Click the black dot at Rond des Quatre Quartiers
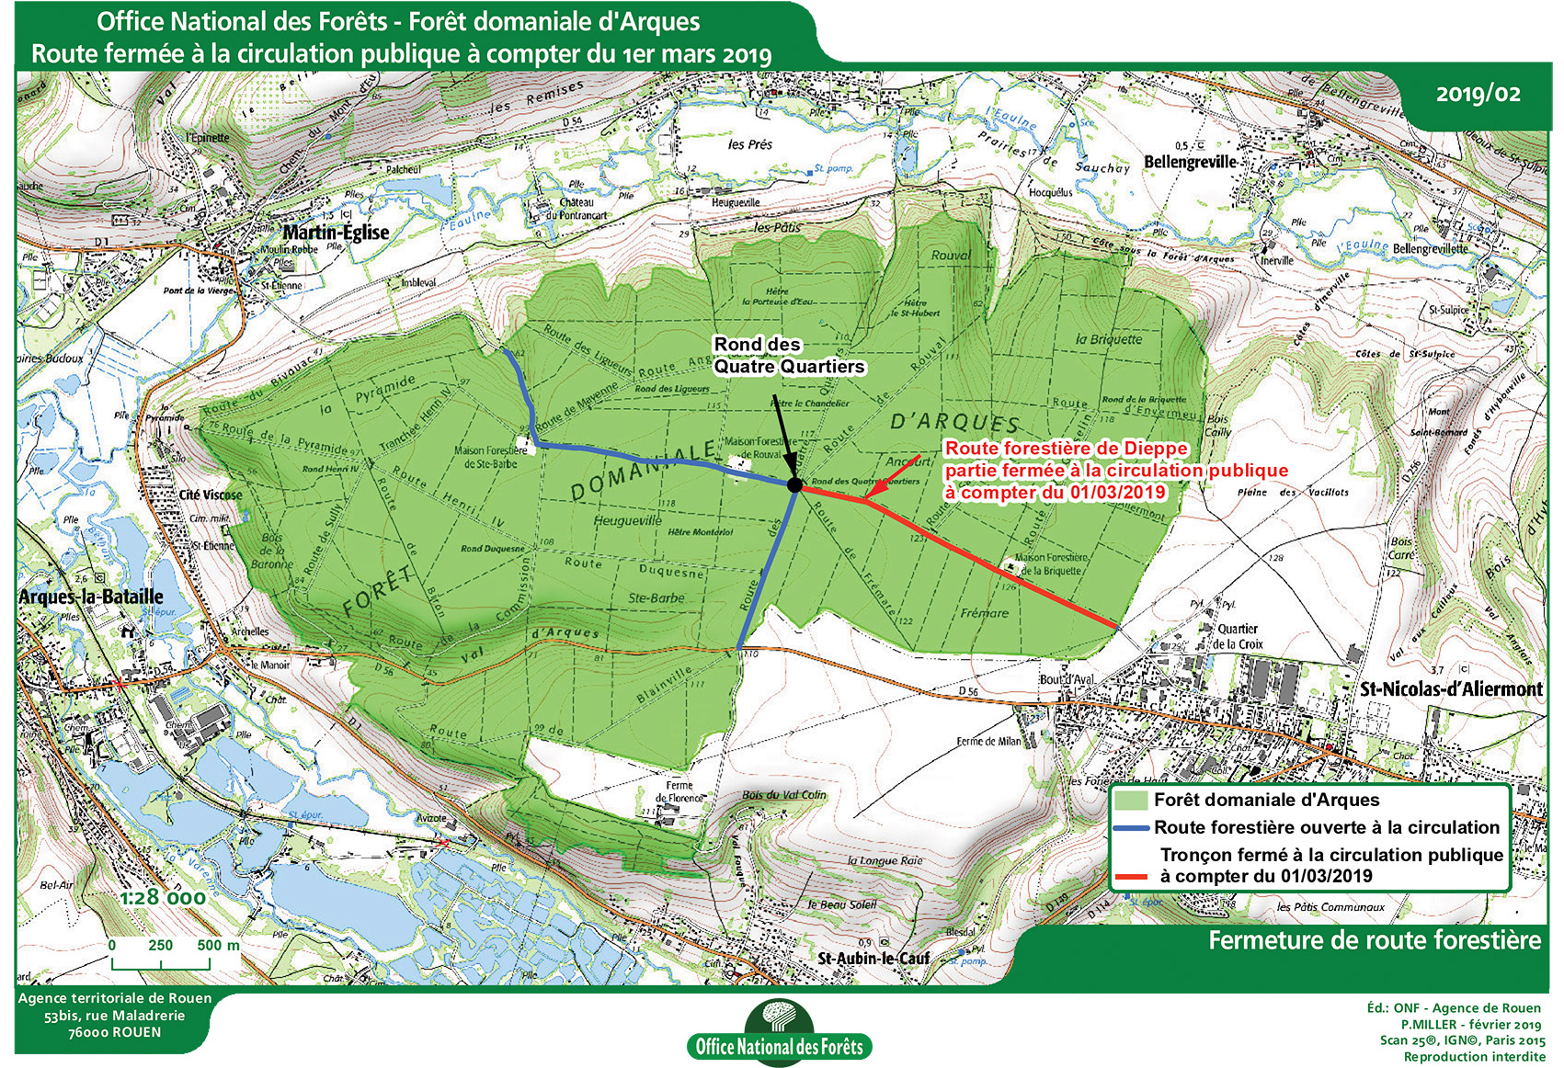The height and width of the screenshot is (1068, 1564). click(x=795, y=484)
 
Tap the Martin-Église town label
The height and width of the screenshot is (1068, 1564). click(x=336, y=233)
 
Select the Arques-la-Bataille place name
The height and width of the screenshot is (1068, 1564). click(x=91, y=596)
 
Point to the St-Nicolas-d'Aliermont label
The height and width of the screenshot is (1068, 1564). click(x=1451, y=688)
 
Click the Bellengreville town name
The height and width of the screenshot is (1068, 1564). click(x=1190, y=162)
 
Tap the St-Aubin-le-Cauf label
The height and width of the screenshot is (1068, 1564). click(x=873, y=958)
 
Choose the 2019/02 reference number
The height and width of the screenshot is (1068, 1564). click(x=1478, y=94)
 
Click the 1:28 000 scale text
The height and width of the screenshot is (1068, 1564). click(x=162, y=897)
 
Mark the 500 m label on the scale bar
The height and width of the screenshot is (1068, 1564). click(x=218, y=945)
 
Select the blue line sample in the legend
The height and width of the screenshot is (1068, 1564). click(x=1131, y=828)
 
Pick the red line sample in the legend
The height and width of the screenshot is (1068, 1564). click(x=1131, y=877)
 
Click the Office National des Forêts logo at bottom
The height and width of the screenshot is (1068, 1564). click(x=779, y=1035)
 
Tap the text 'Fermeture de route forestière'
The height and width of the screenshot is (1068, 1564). click(x=1374, y=940)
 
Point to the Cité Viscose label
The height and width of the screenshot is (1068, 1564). click(x=211, y=494)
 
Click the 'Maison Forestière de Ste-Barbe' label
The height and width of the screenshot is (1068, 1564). click(x=490, y=457)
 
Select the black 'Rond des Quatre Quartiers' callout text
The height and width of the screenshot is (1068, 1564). click(x=789, y=356)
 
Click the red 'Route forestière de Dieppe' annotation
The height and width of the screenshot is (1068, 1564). click(x=1067, y=449)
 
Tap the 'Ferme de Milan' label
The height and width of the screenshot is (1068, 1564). click(x=988, y=741)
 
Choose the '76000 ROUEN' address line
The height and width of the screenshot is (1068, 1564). click(x=114, y=1032)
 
